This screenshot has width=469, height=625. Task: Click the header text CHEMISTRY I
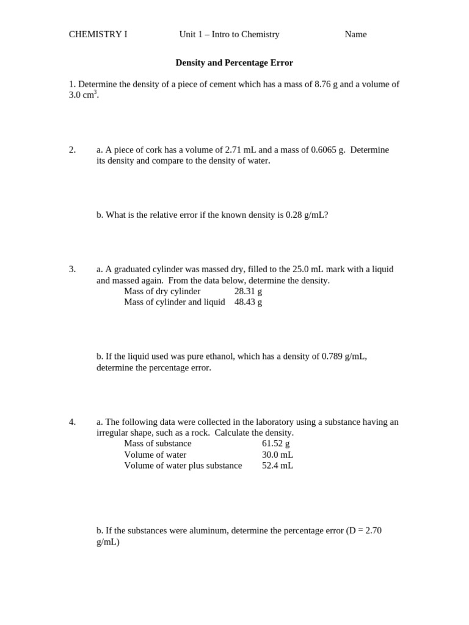pos(98,34)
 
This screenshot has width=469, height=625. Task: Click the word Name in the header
pos(355,34)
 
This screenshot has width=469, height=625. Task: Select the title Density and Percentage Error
pos(234,63)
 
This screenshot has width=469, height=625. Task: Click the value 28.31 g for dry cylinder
pos(248,291)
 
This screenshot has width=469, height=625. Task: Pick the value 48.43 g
pos(248,302)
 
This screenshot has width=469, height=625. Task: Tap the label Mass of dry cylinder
pos(162,291)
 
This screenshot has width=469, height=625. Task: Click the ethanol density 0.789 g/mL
pos(344,356)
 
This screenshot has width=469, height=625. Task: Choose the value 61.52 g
pos(276,443)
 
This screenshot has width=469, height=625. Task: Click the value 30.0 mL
pos(277,455)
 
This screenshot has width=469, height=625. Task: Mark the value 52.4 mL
pos(277,466)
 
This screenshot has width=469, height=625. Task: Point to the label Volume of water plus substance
pos(183,466)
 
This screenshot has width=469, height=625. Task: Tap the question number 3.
pos(72,269)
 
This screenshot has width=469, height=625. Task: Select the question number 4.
pos(72,422)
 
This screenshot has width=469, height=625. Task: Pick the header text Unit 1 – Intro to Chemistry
pos(229,34)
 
